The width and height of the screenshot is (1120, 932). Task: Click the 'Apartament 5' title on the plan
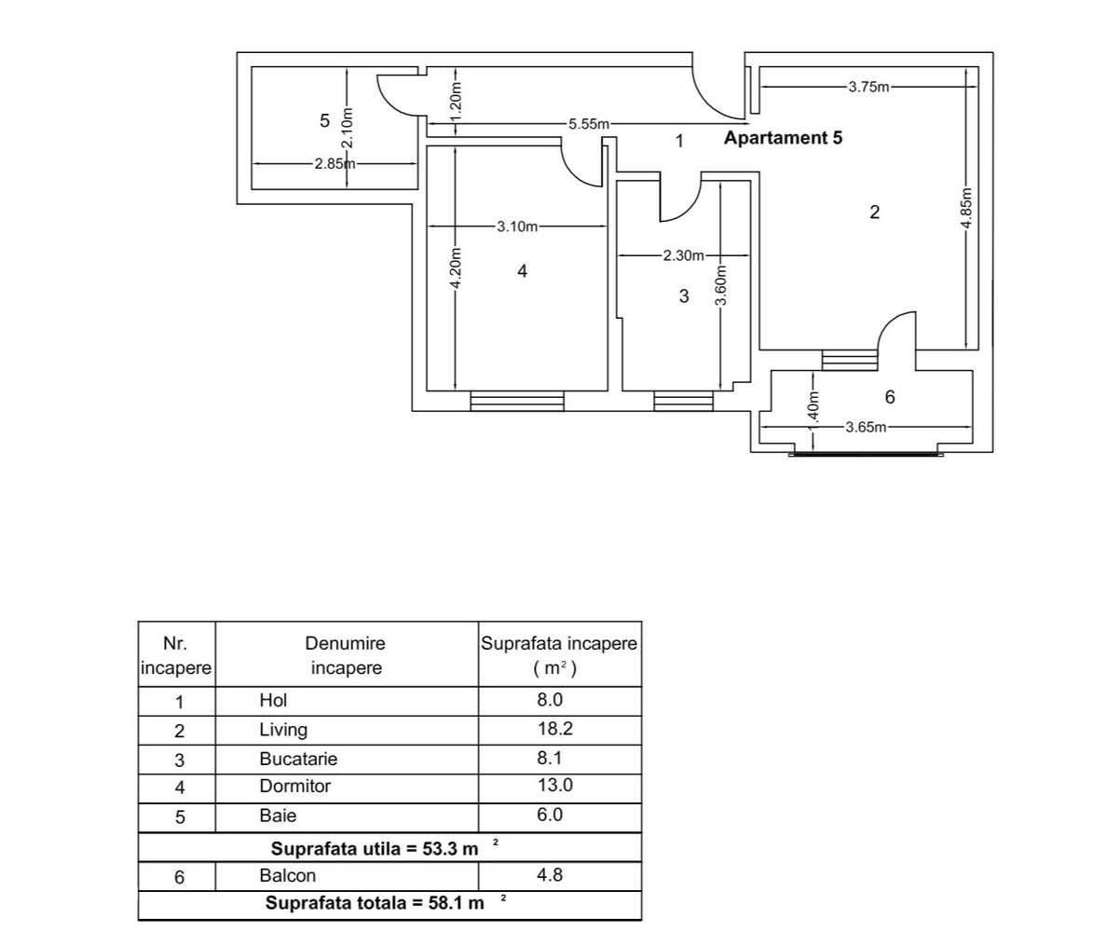click(x=783, y=139)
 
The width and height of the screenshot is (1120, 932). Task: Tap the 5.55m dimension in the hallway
click(x=589, y=124)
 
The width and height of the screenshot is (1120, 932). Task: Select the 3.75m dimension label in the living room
click(x=868, y=87)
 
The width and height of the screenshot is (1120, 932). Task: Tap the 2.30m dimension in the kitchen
click(x=683, y=255)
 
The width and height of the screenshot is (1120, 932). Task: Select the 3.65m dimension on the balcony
click(x=866, y=427)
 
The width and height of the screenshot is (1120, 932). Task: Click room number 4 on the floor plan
click(x=522, y=270)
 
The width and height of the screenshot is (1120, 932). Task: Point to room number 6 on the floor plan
click(x=889, y=398)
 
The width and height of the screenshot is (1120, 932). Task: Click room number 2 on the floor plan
click(x=874, y=212)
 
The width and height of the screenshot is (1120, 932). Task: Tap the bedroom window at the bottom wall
click(x=517, y=401)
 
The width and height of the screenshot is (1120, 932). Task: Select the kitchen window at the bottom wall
click(x=683, y=401)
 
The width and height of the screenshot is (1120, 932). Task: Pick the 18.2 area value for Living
click(x=554, y=729)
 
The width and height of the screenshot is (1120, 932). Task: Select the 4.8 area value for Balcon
click(x=551, y=875)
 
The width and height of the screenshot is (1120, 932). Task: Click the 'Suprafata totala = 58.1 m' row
click(x=376, y=903)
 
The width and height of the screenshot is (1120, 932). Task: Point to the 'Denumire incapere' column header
click(x=346, y=655)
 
